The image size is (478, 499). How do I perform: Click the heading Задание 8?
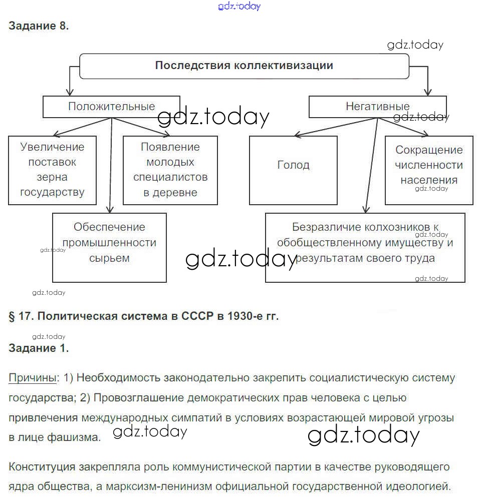click(x=39, y=27)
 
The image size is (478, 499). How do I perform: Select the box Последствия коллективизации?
click(x=244, y=66)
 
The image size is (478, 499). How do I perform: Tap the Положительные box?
click(x=111, y=106)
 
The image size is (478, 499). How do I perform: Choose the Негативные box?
click(x=377, y=106)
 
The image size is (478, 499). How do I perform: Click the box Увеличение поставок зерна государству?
click(x=52, y=170)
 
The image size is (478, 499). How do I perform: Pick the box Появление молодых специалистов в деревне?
click(x=170, y=170)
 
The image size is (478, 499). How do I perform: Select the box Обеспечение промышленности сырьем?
click(x=109, y=247)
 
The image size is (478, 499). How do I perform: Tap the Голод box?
click(x=293, y=170)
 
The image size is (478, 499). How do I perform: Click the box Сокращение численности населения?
click(x=428, y=170)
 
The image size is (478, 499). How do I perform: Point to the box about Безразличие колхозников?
click(x=365, y=247)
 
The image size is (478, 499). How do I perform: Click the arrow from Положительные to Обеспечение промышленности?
click(x=111, y=165)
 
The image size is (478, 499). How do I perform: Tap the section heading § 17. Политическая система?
click(x=143, y=316)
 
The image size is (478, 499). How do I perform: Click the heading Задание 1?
click(x=39, y=348)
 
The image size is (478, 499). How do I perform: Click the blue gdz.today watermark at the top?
click(x=240, y=6)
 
